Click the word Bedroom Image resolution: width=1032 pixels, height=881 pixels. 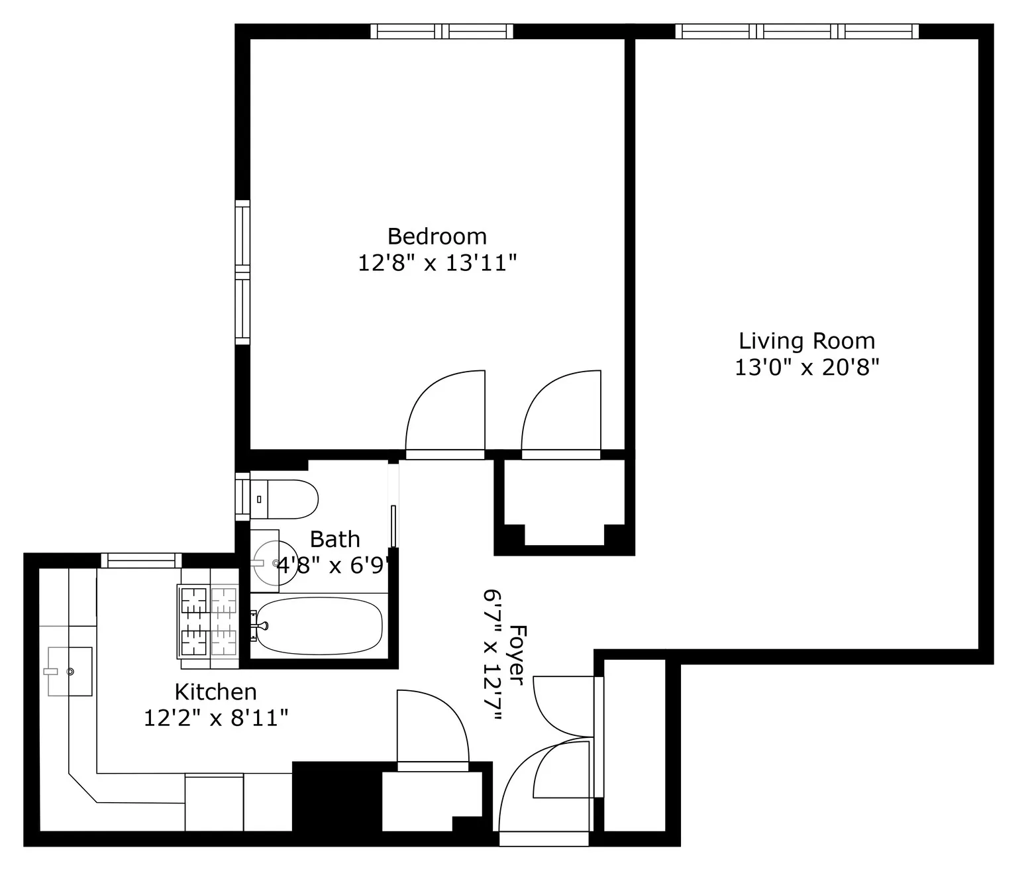coord(437,236)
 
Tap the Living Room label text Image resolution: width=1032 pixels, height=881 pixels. coord(806,341)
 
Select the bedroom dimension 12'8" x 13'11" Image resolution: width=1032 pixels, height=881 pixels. coord(437,264)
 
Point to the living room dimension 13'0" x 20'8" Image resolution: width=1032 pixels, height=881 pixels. coord(806,367)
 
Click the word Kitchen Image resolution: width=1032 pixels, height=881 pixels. coord(215,692)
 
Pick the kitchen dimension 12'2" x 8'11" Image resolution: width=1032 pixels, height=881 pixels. coord(215,718)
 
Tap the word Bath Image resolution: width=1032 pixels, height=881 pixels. coord(335,540)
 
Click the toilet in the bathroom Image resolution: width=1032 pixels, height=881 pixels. coord(285,499)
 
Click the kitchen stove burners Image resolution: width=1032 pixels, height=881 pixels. coord(208,621)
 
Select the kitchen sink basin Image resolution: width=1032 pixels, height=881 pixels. coord(70,672)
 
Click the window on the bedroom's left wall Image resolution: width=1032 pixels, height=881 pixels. coord(243,272)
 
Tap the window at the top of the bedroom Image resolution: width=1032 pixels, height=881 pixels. coord(441,31)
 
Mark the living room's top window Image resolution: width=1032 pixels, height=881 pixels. coord(797,31)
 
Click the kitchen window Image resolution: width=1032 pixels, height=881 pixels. coord(141,560)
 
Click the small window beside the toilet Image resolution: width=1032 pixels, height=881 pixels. coord(242,495)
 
